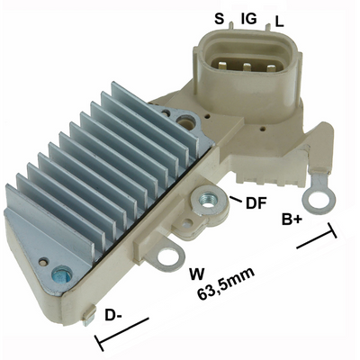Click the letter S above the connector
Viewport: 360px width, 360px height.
pos(219,18)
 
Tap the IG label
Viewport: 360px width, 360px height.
pos(249,18)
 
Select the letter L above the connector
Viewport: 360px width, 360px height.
pos(279,19)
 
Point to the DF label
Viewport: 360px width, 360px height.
pos(255,203)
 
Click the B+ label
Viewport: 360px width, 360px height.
pos(292,219)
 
